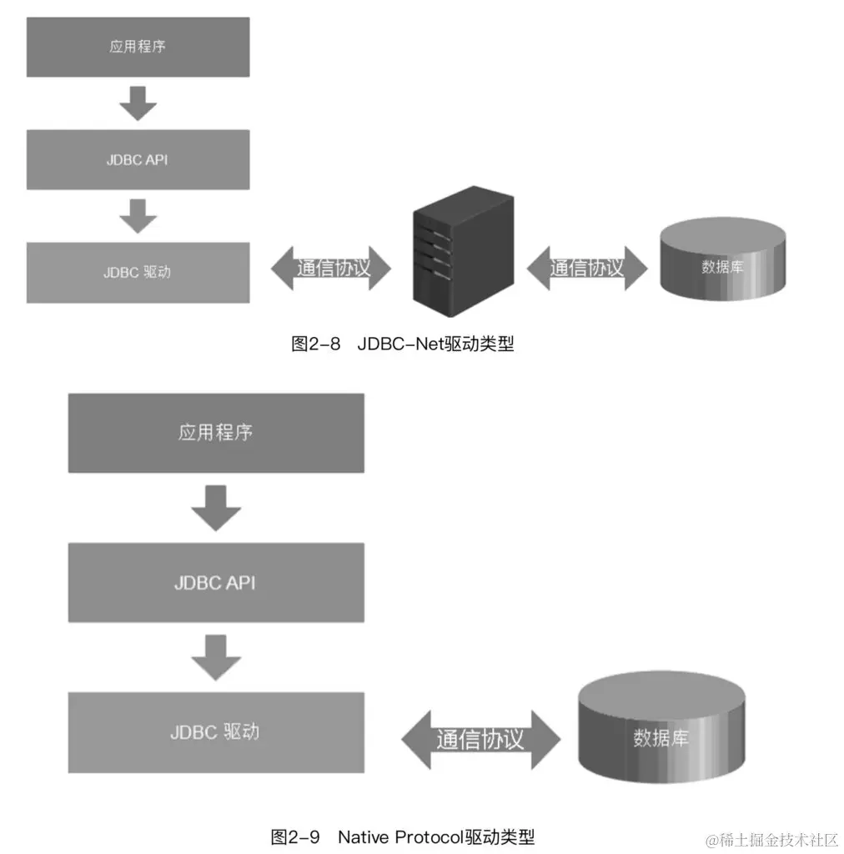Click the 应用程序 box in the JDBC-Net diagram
pyautogui.click(x=138, y=47)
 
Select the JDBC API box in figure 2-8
pyautogui.click(x=138, y=159)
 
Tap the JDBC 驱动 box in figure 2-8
pyautogui.click(x=138, y=272)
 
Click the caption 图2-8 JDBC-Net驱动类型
pyautogui.click(x=403, y=344)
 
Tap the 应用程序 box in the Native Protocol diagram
pyautogui.click(x=216, y=432)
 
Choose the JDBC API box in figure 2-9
pyautogui.click(x=216, y=582)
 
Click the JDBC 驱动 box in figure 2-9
pyautogui.click(x=216, y=731)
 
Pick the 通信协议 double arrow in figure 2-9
pyautogui.click(x=480, y=739)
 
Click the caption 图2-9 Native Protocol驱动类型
pyautogui.click(x=403, y=836)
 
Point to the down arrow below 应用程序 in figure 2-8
pyautogui.click(x=138, y=102)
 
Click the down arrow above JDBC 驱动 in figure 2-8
pyautogui.click(x=138, y=214)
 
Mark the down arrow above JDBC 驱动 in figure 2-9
pyautogui.click(x=216, y=656)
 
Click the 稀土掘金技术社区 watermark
pyautogui.click(x=771, y=838)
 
